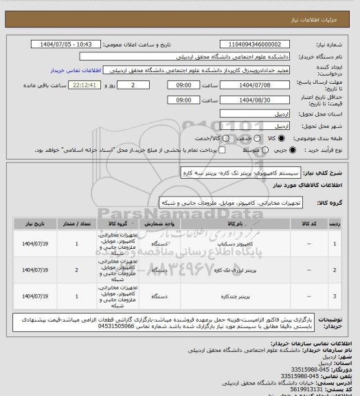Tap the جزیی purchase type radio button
point(297,149)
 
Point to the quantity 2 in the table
point(76,271)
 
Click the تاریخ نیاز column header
point(35,223)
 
